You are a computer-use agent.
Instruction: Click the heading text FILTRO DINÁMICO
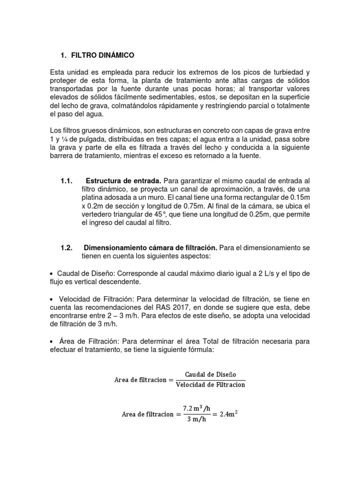(103, 55)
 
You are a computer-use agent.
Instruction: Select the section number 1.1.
(68, 181)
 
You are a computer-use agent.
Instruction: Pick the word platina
(92, 198)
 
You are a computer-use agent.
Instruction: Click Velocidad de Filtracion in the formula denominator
(210, 385)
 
